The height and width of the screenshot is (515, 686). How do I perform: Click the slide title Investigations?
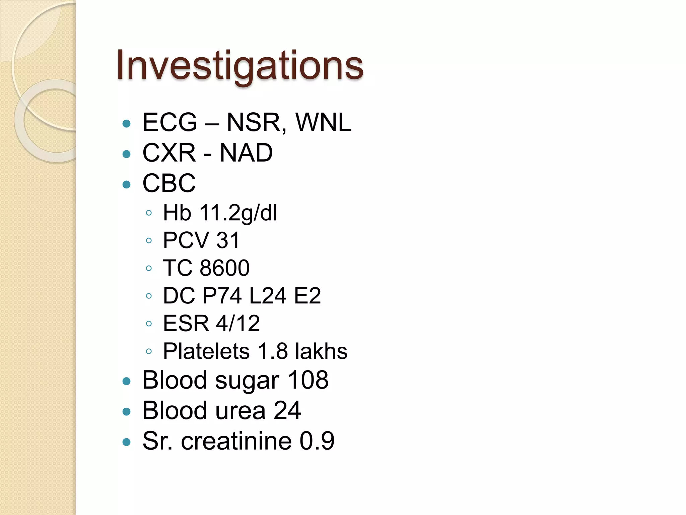click(240, 65)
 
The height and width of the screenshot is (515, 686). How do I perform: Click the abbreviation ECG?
click(170, 122)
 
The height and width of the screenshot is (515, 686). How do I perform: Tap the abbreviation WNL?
click(323, 122)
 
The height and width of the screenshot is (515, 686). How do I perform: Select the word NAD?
click(246, 153)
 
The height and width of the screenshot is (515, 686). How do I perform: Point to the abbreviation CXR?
click(169, 153)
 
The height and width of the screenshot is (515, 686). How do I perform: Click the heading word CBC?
click(169, 183)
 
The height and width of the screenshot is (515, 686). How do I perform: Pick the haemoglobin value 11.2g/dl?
click(238, 213)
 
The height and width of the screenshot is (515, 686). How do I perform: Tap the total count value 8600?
click(225, 268)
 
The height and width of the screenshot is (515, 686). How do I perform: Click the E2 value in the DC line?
click(307, 296)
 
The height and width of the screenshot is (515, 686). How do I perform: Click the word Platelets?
click(206, 351)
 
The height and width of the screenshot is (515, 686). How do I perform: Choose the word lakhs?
click(321, 351)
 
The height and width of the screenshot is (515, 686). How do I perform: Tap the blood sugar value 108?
click(308, 380)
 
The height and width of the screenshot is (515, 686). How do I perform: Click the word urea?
click(240, 411)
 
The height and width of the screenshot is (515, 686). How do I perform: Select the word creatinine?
click(236, 441)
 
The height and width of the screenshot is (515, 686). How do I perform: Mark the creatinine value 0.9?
click(317, 441)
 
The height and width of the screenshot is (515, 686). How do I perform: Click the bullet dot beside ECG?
click(127, 124)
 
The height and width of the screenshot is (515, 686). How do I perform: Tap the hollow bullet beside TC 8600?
click(149, 268)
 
